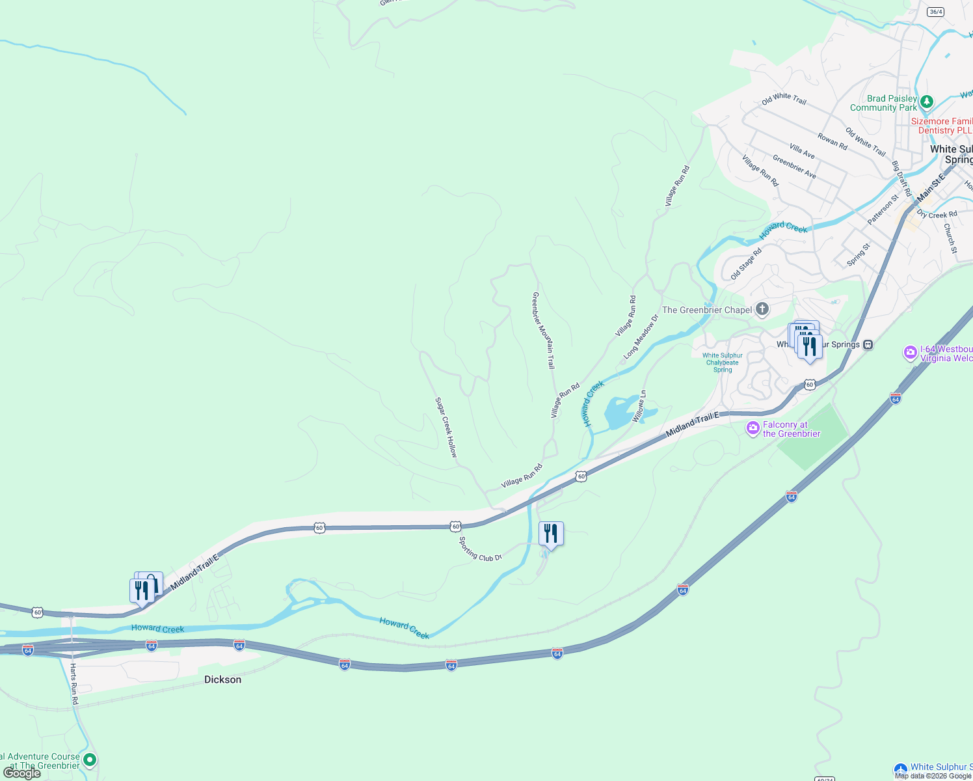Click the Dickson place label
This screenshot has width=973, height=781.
coord(222,679)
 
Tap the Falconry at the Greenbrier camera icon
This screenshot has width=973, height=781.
coord(753,428)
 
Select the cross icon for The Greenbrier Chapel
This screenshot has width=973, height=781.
coord(762,309)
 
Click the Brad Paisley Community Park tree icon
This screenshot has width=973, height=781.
coord(927,102)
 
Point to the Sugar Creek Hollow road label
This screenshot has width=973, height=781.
coord(446,428)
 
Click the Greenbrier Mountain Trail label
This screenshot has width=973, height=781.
coord(544,330)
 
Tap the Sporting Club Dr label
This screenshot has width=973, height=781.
coord(481,549)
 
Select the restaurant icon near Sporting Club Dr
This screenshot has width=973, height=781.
coord(551,534)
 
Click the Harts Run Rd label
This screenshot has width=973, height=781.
coord(74,684)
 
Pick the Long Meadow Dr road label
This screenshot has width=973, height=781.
coord(641,336)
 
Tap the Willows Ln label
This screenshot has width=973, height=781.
coord(639,406)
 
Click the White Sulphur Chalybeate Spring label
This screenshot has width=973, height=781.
coord(723,363)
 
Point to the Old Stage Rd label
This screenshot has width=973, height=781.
coord(745,264)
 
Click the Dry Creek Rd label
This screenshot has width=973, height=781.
coord(937,214)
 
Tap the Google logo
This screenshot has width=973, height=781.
coord(22,773)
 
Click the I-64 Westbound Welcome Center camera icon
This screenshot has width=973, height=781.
coord(910,353)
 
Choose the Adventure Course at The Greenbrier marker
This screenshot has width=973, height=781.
coord(90,760)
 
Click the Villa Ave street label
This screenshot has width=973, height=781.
coord(802,151)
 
